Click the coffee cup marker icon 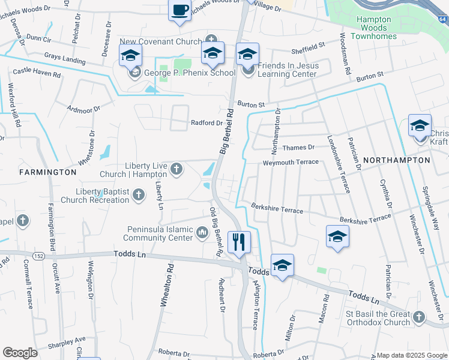tap(181, 10)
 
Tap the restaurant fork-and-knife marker tap(239, 242)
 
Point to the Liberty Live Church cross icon tap(176, 169)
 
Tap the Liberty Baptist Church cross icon tap(139, 194)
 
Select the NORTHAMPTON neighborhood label tap(396, 160)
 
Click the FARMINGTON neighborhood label tap(48, 172)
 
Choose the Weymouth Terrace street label tap(291, 163)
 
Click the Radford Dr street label tap(206, 123)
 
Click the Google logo tap(20, 352)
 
